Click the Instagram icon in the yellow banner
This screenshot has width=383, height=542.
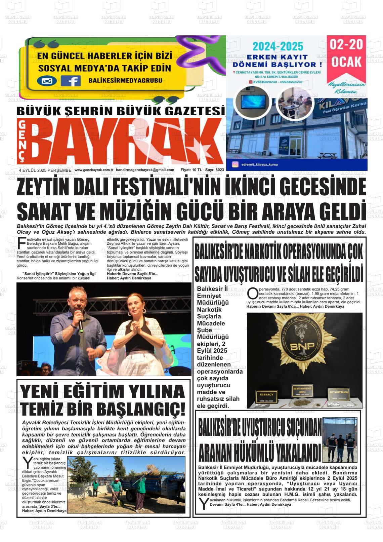[x=47, y=81]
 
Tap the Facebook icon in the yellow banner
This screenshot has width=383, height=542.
[x=71, y=81]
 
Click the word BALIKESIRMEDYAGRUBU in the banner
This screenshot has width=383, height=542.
[x=125, y=80]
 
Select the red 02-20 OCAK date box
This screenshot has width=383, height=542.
[x=346, y=54]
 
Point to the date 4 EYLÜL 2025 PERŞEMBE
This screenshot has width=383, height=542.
[x=45, y=170]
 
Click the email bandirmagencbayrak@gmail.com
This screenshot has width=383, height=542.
[x=145, y=170]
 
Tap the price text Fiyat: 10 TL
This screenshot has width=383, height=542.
[x=191, y=170]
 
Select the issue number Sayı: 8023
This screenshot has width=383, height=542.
[x=215, y=170]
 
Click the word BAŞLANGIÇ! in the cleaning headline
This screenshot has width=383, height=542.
[x=141, y=409]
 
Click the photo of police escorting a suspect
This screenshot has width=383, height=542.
[x=340, y=440]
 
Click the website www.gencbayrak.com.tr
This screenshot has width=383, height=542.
[x=93, y=170]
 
